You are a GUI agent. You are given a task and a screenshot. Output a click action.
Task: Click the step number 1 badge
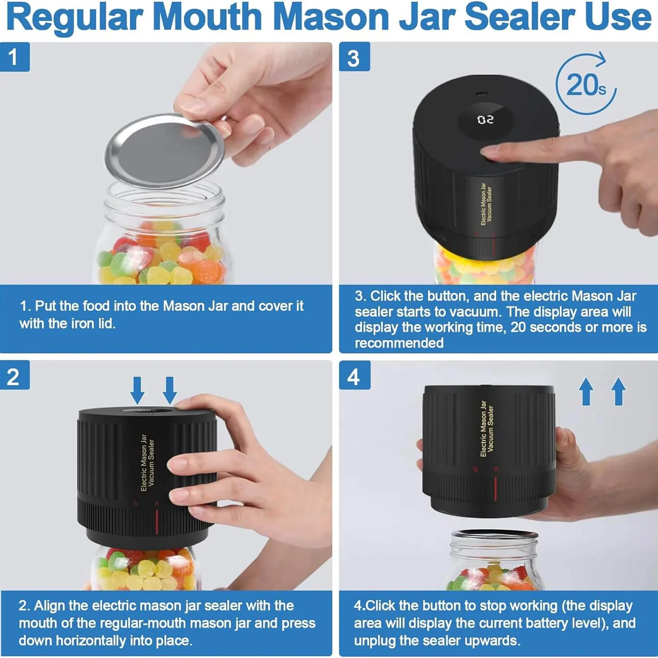14,57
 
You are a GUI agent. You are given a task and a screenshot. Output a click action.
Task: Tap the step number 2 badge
14,376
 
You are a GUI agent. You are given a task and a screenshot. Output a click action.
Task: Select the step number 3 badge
354,57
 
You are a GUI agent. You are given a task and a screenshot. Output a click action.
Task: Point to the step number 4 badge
354,376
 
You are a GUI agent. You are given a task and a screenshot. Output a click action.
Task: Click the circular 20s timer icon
586,84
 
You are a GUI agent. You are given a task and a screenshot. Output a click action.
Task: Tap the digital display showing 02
485,120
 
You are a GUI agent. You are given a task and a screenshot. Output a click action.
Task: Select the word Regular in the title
75,18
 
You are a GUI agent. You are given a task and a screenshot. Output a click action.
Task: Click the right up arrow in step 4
619,392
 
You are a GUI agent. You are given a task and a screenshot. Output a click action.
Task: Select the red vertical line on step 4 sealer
496,488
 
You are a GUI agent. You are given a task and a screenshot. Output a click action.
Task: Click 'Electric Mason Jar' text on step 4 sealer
483,429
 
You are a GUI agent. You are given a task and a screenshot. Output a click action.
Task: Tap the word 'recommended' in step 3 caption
399,343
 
